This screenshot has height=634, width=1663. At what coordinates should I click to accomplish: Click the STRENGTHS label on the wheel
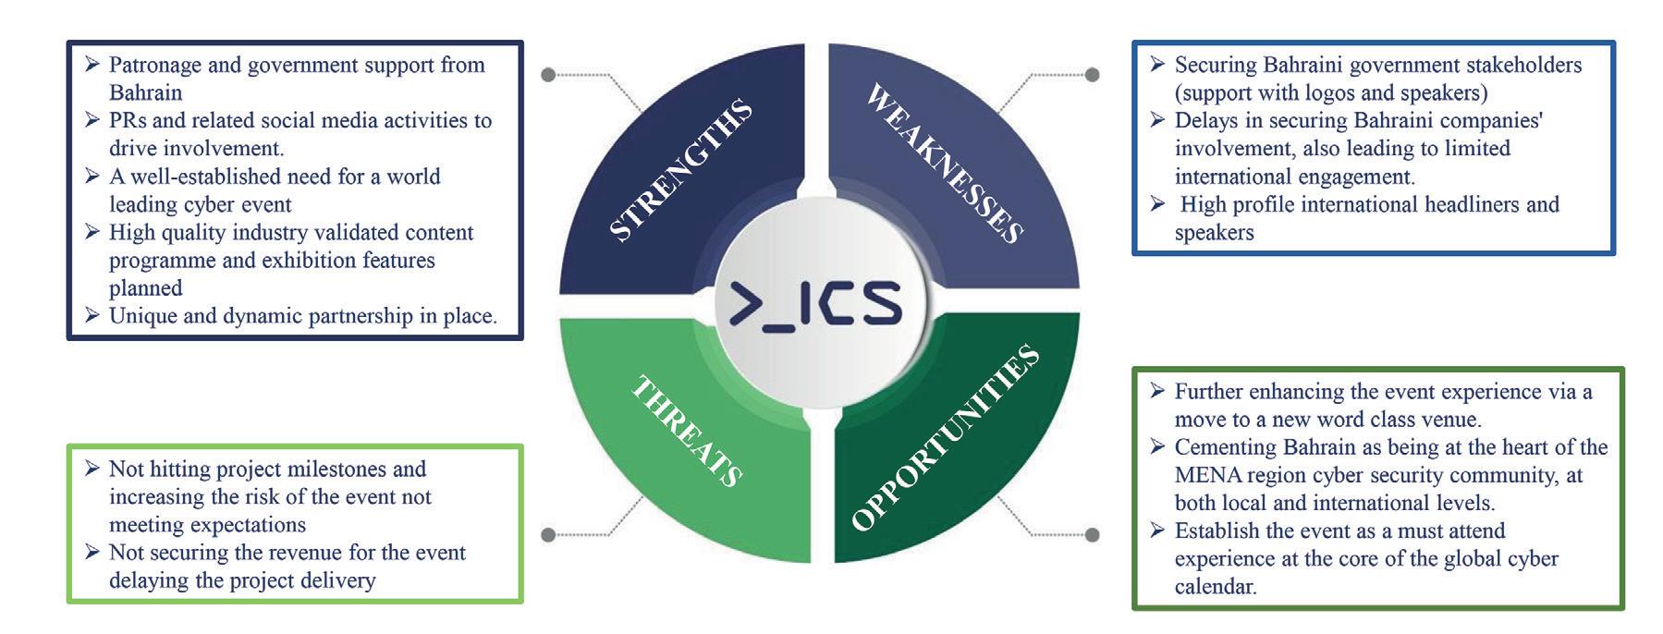(x=681, y=171)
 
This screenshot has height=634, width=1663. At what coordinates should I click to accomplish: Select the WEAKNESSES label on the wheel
(x=944, y=164)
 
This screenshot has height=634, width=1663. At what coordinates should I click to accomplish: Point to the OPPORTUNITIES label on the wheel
(x=944, y=439)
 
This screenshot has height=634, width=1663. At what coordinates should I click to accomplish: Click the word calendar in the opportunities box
(x=1215, y=586)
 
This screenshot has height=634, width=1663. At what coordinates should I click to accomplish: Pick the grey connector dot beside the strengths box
(x=548, y=74)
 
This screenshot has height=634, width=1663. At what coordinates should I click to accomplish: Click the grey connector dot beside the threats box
(x=548, y=534)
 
